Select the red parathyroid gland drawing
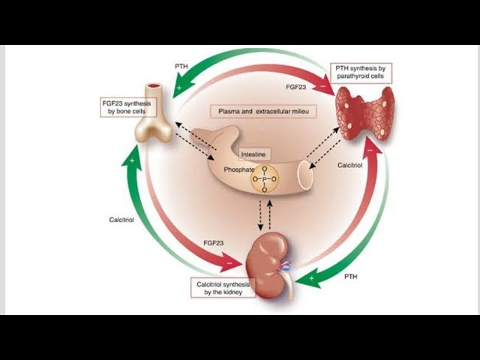click(364, 112)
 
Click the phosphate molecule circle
click(264, 179)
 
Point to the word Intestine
click(253, 154)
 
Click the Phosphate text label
click(239, 170)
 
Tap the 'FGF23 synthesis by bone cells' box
click(126, 106)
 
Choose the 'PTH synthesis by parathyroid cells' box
click(361, 73)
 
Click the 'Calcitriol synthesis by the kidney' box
click(224, 287)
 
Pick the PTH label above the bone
click(181, 66)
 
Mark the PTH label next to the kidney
click(350, 277)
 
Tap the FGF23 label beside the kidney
click(214, 243)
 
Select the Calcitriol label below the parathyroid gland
click(350, 164)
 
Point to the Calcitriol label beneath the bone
click(121, 220)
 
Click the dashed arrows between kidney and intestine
click(262, 215)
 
